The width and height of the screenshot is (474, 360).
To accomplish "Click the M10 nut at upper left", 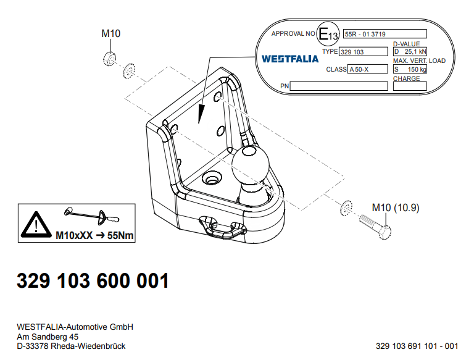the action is (109, 59).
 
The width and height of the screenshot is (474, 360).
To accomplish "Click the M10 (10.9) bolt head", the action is (385, 232).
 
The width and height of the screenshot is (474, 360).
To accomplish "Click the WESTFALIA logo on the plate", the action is (290, 59).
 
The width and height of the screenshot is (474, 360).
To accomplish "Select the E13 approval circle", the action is (328, 33).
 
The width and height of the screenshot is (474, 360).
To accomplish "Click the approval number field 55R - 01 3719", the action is (385, 34).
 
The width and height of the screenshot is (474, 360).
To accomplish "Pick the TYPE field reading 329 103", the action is (364, 52).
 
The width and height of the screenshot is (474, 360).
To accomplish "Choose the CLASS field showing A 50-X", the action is (368, 69).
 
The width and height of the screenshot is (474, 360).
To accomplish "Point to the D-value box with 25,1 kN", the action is (410, 51).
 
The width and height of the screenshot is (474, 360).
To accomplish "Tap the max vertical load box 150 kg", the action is (410, 69).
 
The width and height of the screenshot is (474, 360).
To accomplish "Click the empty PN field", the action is (339, 86).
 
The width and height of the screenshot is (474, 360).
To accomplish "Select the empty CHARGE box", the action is (410, 86).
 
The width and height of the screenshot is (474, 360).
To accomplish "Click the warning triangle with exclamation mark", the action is (36, 225).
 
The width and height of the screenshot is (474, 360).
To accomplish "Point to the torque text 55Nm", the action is (120, 235).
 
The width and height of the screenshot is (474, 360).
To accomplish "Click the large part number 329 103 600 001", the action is (93, 280).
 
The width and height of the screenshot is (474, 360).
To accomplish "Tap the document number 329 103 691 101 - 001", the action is (417, 346).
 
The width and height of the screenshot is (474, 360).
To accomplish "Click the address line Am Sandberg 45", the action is (48, 337).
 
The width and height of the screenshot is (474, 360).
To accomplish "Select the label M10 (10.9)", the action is (396, 208).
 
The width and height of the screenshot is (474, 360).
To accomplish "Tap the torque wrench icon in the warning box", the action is (92, 216).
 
